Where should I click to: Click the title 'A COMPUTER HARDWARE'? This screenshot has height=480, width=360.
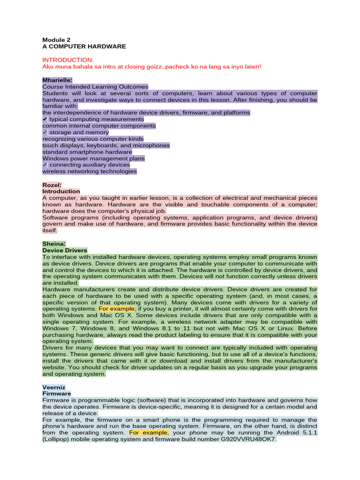point(84,47)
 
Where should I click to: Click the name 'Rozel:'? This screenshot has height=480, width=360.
point(52,185)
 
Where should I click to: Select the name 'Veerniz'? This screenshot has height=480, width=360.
point(54,387)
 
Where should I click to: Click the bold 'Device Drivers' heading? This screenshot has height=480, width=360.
point(65,250)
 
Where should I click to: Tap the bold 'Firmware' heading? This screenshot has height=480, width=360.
point(57,394)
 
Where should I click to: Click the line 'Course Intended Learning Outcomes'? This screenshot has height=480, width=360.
point(95,87)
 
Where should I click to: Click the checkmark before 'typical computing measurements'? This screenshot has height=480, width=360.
point(45,120)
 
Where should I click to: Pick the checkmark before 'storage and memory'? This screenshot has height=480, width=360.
point(45,133)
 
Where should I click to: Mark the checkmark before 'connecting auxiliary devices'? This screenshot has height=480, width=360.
point(45,165)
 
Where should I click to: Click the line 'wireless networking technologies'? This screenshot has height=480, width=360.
point(90,172)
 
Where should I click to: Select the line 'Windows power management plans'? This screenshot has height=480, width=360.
point(93,158)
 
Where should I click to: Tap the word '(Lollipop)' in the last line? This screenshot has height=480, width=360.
point(58,440)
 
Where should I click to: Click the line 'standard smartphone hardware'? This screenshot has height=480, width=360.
point(87,152)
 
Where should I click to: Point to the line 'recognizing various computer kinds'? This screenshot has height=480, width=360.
point(93,139)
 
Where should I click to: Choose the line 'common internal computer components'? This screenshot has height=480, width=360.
point(99,126)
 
